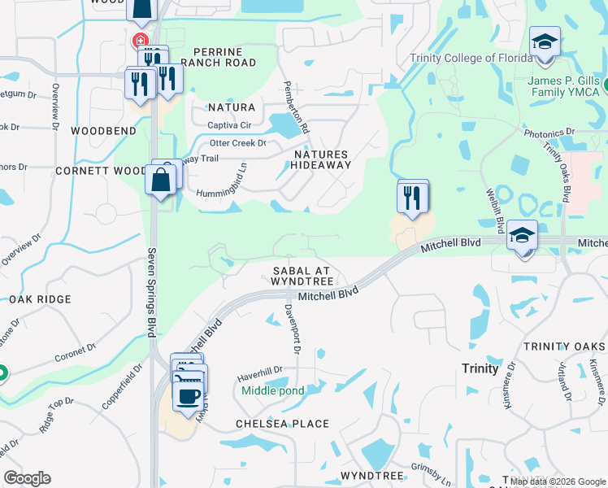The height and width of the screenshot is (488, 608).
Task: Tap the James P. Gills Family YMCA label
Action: pyautogui.click(x=564, y=86)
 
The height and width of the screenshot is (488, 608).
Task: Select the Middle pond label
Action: pyautogui.click(x=272, y=391)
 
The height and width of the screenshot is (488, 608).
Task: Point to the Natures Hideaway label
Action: pyautogui.click(x=321, y=159)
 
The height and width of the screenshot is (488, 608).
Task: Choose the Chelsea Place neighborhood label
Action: pyautogui.click(x=282, y=424)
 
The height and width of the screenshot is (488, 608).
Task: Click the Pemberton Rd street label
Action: pyautogui.click(x=296, y=107)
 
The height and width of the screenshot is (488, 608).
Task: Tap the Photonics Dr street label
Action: pyautogui.click(x=549, y=132)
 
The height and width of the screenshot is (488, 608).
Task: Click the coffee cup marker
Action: pyautogui.click(x=189, y=396)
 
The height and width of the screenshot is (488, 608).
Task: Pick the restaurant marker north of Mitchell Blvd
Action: pyautogui.click(x=412, y=197)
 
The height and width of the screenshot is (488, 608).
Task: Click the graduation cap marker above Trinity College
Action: pyautogui.click(x=544, y=43)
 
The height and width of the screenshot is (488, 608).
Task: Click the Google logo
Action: pyautogui.click(x=27, y=478)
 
